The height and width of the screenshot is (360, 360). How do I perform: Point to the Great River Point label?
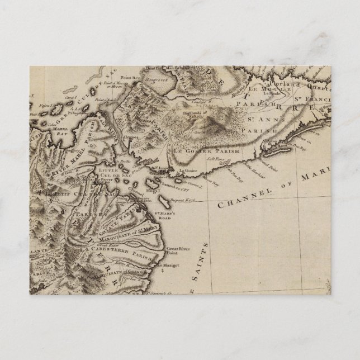click(179, 236)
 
